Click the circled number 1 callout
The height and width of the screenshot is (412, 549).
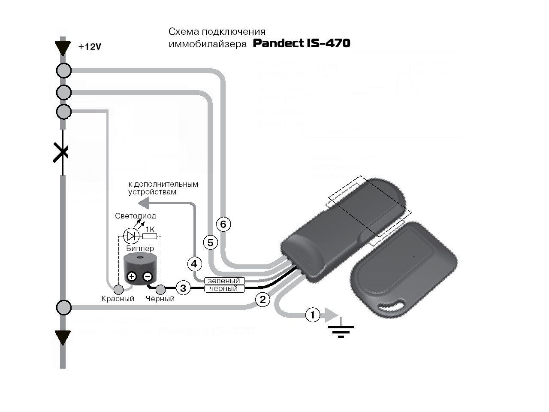click(313, 315)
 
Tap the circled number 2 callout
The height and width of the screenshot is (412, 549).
click(263, 300)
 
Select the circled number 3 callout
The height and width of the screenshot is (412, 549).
click(183, 288)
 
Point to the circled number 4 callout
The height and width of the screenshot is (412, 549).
click(194, 264)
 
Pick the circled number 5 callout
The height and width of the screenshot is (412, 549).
click(210, 243)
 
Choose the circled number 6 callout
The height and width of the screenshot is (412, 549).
click(223, 224)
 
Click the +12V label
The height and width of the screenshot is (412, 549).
click(90, 47)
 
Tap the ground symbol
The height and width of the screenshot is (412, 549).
click(341, 329)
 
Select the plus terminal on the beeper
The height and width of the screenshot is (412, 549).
click(132, 276)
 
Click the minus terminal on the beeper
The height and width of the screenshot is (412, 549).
click(147, 276)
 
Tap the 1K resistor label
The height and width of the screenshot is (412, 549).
click(150, 230)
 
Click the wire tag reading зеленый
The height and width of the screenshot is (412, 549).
click(224, 281)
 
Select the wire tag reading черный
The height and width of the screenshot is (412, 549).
click(224, 289)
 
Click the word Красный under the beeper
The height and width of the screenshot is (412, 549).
click(118, 299)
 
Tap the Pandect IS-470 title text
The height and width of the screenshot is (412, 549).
click(302, 43)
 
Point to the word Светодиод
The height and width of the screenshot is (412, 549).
click(136, 216)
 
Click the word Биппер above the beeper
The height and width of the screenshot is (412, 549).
click(140, 248)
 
